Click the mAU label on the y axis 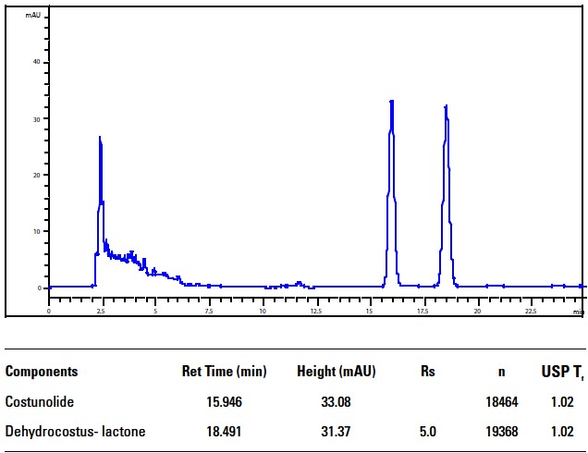coord(31,17)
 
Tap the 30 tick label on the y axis coord(38,119)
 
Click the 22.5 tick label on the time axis coord(531,312)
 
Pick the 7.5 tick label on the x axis coord(209,312)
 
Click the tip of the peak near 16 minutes coord(391,101)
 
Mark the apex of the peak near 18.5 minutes coord(446,105)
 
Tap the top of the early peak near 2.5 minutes coord(100,137)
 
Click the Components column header coord(42,372)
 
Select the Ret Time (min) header coord(224,372)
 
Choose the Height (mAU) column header coord(336,372)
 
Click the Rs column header coord(427,372)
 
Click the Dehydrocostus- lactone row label coord(75,431)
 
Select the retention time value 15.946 coord(224,402)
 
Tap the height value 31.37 coord(336,431)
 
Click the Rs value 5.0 coord(427,431)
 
